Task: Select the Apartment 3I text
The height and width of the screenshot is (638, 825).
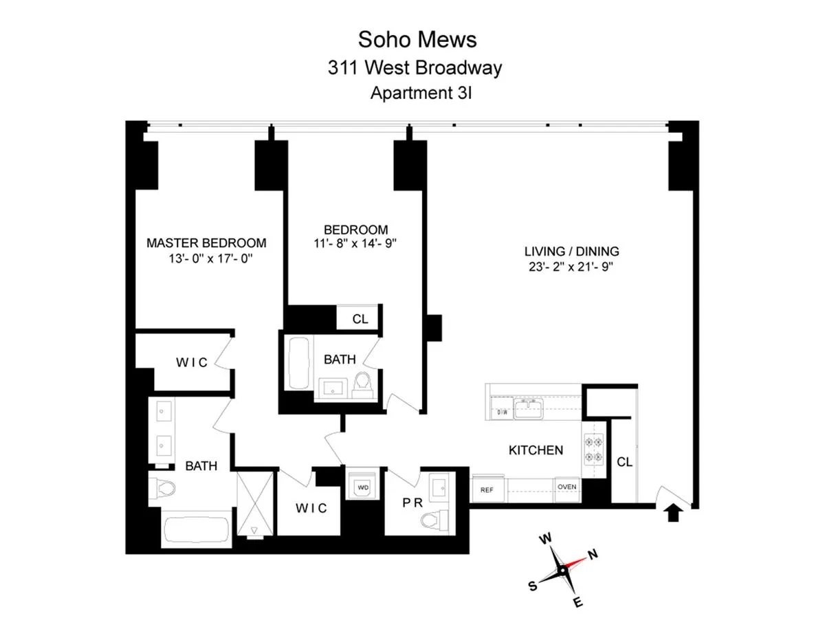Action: [x=420, y=93]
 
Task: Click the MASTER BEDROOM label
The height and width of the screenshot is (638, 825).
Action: [x=206, y=243]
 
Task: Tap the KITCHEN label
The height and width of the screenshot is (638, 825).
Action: [x=536, y=450]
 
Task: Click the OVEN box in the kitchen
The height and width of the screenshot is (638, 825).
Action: [x=567, y=487]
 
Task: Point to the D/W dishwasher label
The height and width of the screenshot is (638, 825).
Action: [x=501, y=412]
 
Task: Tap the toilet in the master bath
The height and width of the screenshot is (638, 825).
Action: [x=162, y=489]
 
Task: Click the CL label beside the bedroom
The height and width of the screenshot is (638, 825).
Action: [x=360, y=319]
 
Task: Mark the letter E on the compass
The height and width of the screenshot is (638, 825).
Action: [x=578, y=604]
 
